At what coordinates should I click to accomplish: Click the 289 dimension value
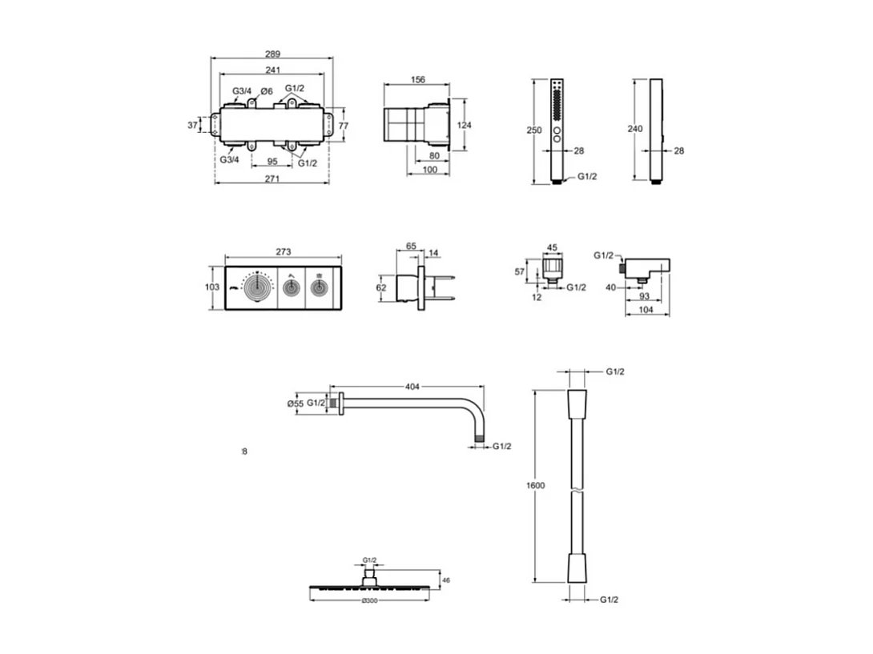pos(272,54)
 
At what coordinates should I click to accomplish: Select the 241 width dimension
pos(272,69)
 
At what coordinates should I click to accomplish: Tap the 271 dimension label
pos(272,179)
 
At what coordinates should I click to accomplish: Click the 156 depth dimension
pos(417,79)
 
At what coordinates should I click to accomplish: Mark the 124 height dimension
pos(465,125)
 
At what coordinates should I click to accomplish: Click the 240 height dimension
pos(636,128)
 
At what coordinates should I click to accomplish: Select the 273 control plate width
pos(283,251)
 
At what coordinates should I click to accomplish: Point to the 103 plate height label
pos(211,286)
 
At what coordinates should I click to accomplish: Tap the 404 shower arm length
pos(412,387)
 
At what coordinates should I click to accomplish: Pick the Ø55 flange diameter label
pos(295,403)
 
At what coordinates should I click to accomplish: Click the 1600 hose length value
pos(536,486)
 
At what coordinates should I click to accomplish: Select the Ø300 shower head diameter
pos(369,600)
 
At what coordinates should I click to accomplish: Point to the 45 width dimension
pos(551,247)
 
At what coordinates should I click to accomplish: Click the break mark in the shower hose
pos(576,486)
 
